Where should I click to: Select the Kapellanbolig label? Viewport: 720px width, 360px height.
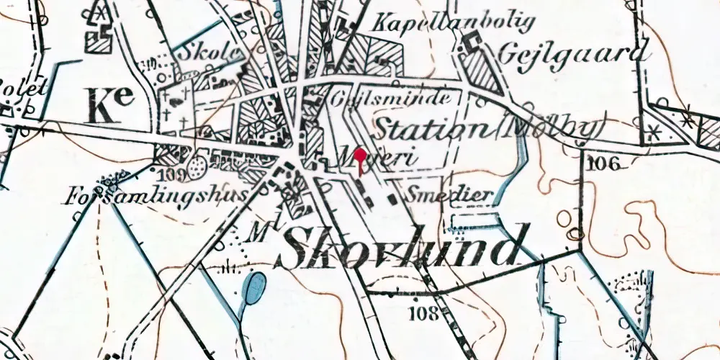(454, 22)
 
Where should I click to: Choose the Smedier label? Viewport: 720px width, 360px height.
(450, 194)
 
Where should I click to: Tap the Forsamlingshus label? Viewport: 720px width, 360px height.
(156, 196)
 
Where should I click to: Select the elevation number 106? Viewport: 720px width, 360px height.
(602, 163)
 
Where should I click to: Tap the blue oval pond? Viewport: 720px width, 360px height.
(254, 288)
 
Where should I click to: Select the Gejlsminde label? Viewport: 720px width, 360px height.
(393, 98)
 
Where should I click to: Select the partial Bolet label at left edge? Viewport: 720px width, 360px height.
(23, 88)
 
